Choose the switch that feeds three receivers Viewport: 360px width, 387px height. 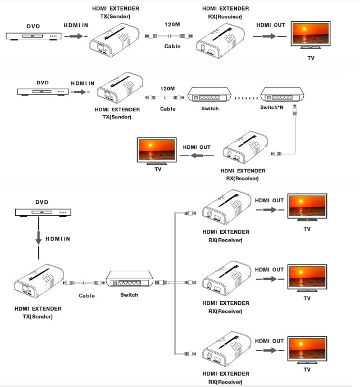129,280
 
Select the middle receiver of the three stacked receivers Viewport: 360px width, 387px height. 227,279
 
